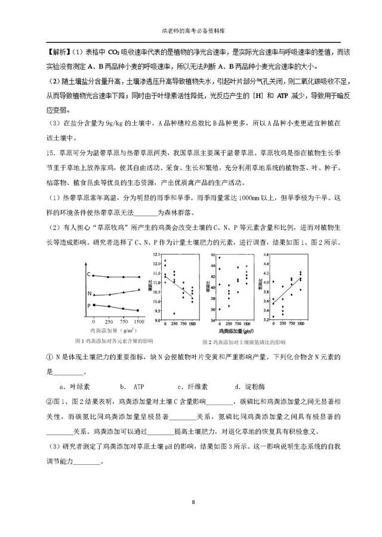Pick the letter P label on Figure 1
[x=88, y=305]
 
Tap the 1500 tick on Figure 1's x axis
[x=138, y=321]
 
